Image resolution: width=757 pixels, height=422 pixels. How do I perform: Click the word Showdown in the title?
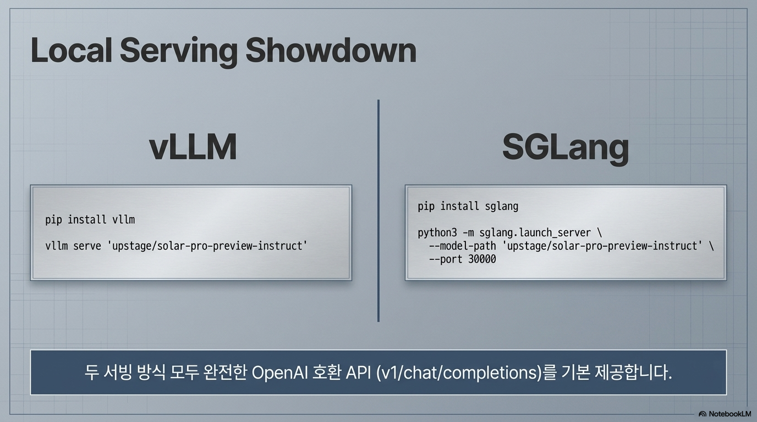coord(331,51)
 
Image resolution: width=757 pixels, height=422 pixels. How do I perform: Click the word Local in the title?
coord(72,51)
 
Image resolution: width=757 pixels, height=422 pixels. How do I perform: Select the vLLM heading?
coord(193,147)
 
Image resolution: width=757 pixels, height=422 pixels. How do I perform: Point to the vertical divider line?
coord(378,210)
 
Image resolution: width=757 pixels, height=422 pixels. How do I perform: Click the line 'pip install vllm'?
coord(90,220)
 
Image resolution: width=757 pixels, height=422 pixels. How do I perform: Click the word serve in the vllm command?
coord(87,246)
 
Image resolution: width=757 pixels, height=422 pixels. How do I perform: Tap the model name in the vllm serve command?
coord(207,246)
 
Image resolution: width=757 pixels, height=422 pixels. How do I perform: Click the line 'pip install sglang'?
coord(468,206)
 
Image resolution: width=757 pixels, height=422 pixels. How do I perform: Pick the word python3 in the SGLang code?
coord(437,233)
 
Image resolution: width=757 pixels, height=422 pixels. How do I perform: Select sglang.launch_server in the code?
coord(535,233)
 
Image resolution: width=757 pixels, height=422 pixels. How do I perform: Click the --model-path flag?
coord(462,246)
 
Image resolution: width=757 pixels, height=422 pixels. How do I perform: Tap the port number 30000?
coord(482,259)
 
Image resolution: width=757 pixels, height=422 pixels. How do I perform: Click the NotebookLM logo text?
coord(729,414)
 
